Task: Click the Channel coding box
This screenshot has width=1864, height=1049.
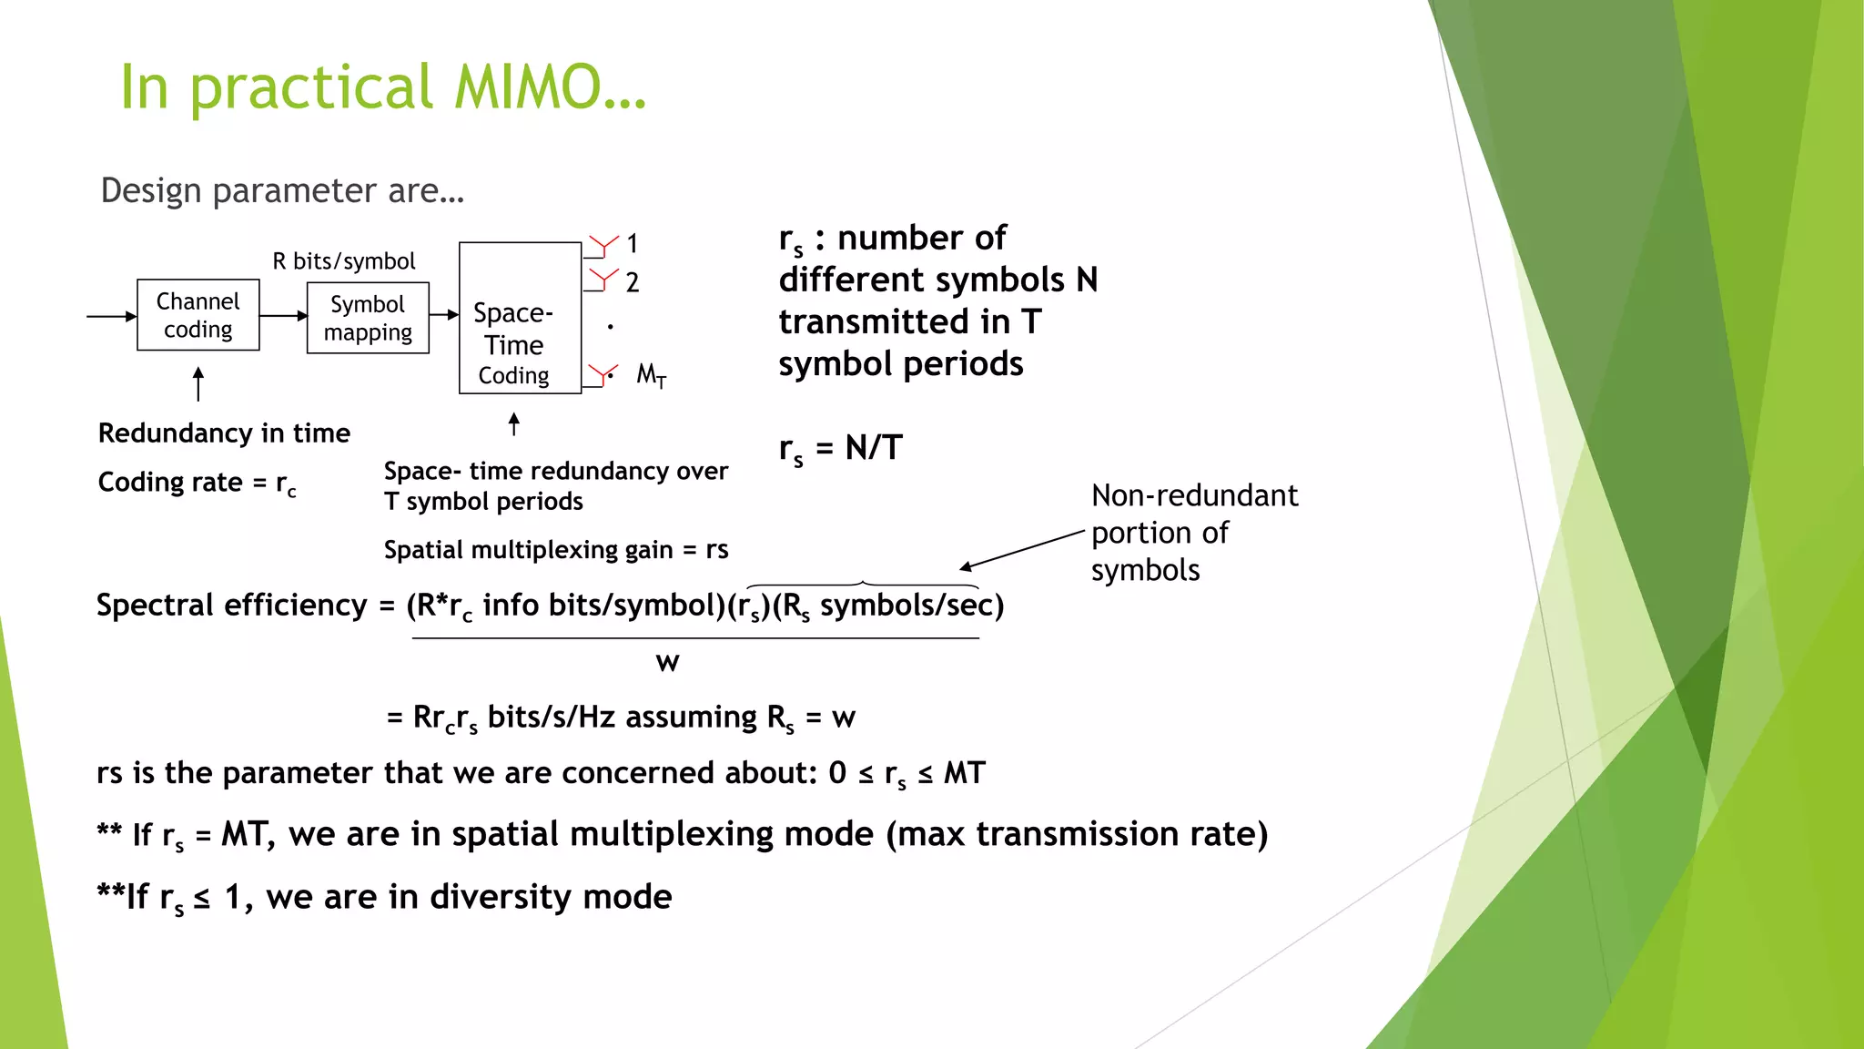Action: pyautogui.click(x=198, y=315)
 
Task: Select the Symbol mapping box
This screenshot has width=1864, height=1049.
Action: pyautogui.click(x=368, y=318)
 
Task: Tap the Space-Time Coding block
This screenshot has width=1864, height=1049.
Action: pyautogui.click(x=519, y=318)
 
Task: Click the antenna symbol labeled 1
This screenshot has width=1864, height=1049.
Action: pyautogui.click(x=603, y=246)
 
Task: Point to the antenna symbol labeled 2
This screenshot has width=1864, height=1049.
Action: pyautogui.click(x=603, y=280)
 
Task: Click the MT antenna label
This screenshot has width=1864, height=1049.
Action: pyautogui.click(x=651, y=374)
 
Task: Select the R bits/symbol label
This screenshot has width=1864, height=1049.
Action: pyautogui.click(x=343, y=261)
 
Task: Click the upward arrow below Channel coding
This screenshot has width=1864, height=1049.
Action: pyautogui.click(x=198, y=383)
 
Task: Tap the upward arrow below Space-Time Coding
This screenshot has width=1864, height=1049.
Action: pyautogui.click(x=514, y=423)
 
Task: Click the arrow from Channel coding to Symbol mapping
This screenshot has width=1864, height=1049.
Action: pyautogui.click(x=283, y=316)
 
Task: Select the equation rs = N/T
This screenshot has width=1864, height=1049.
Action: pyautogui.click(x=840, y=448)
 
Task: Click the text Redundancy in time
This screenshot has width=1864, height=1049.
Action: pyautogui.click(x=224, y=433)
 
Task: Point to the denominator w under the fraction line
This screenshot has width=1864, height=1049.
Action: pyautogui.click(x=667, y=662)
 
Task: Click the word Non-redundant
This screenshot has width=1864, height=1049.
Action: pyautogui.click(x=1194, y=495)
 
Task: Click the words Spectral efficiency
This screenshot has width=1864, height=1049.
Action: pyautogui.click(x=231, y=605)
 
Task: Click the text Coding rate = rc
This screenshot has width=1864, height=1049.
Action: pyautogui.click(x=197, y=483)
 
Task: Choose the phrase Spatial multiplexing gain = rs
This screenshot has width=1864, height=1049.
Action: pyautogui.click(x=555, y=550)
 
